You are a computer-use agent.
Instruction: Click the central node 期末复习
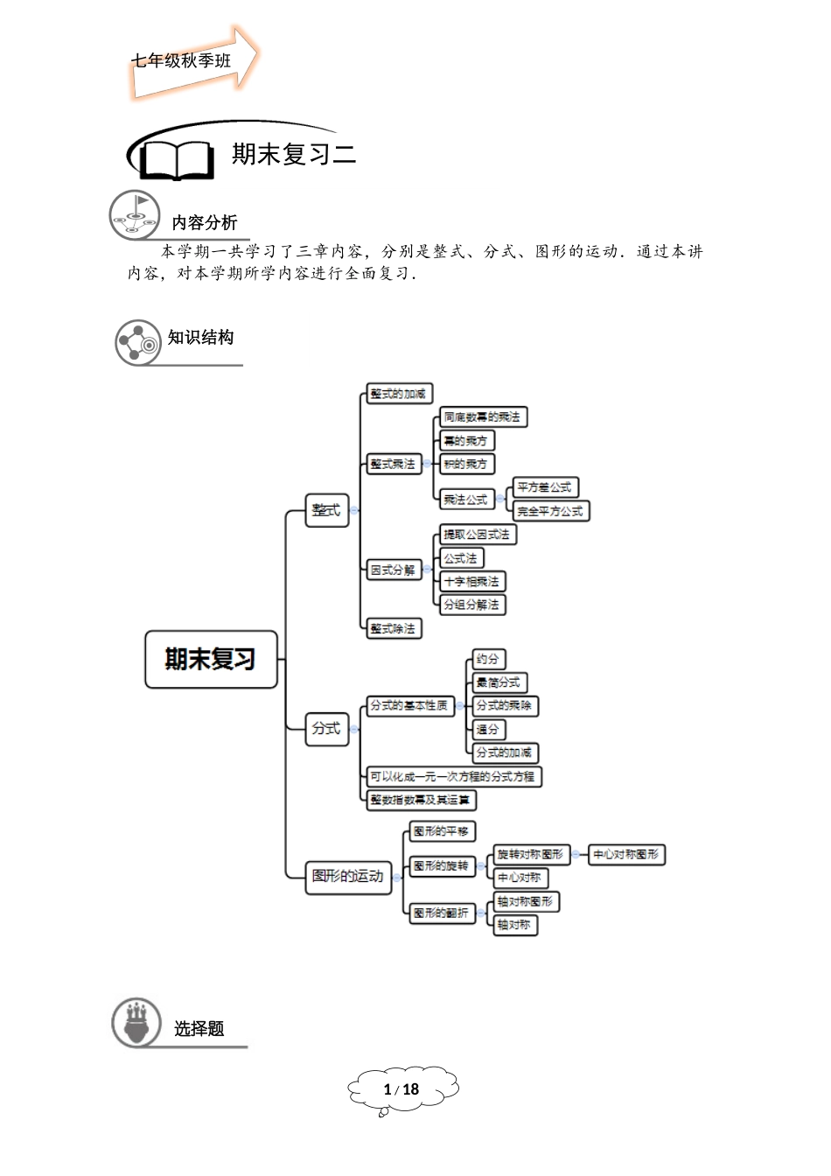[211, 659]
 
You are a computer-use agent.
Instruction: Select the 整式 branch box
[326, 509]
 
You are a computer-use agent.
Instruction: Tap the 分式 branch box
[326, 728]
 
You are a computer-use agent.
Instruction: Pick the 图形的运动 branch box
[347, 876]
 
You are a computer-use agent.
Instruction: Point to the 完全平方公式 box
[550, 511]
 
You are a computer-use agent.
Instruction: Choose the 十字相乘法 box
[471, 581]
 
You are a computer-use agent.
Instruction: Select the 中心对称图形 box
[626, 854]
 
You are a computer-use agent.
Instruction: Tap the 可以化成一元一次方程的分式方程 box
[452, 776]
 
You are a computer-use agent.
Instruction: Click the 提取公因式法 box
[476, 535]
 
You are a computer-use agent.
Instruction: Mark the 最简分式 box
[499, 682]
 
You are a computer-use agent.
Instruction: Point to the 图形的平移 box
[441, 831]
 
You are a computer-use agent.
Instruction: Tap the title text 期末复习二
[294, 155]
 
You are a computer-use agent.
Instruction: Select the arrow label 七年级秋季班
[182, 61]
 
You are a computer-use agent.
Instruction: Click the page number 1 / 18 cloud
[402, 1089]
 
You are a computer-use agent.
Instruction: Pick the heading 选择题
[199, 1029]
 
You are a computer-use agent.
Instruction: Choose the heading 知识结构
[201, 338]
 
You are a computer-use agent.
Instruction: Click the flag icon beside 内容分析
[136, 214]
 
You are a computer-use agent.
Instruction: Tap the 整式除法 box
[393, 628]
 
